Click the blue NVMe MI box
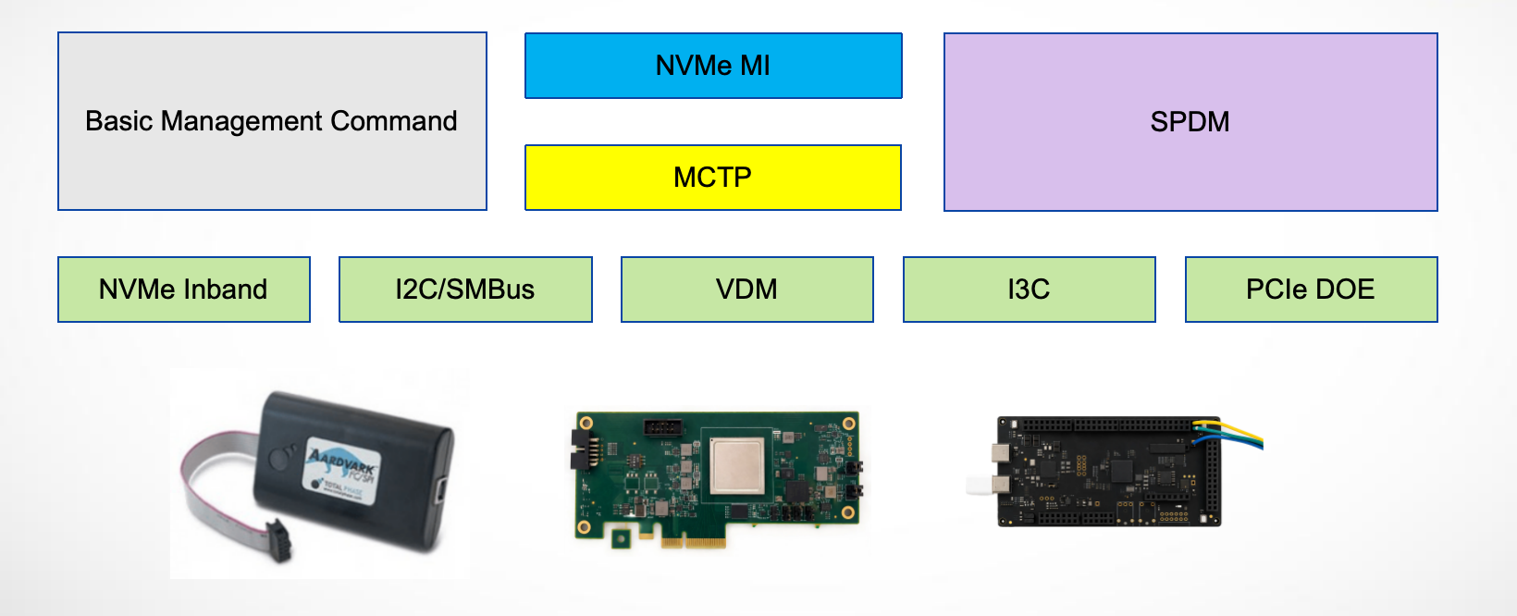coord(712,66)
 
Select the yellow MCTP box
coord(712,177)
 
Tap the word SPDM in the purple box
coord(1190,122)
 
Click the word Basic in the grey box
coord(118,121)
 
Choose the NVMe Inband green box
coord(183,290)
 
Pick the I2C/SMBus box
coord(465,290)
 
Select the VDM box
coord(746,290)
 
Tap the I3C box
coord(1029,290)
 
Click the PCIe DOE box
coord(1311,290)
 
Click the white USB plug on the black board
coord(979,485)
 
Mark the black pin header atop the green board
coord(662,427)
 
